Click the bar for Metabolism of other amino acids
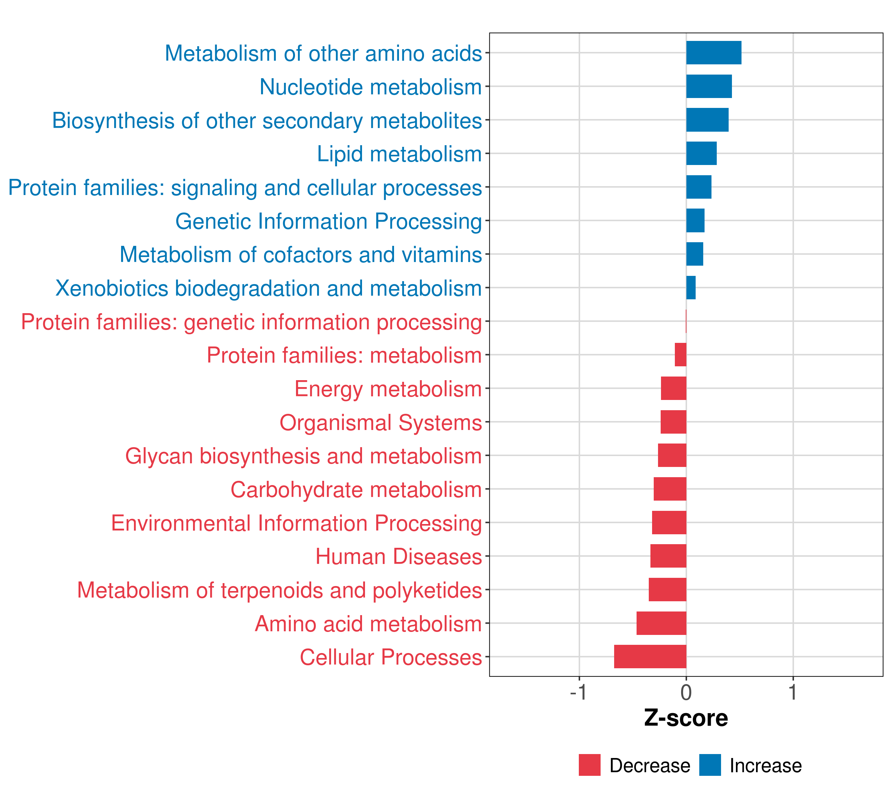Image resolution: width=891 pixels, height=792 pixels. [713, 53]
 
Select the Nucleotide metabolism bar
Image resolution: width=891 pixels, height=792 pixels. [709, 86]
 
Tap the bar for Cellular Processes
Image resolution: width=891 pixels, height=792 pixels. [650, 656]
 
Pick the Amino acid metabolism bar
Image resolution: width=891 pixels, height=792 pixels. [661, 623]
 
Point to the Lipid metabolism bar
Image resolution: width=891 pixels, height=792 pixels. [701, 153]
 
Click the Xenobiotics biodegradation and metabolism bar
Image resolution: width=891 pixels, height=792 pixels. [691, 288]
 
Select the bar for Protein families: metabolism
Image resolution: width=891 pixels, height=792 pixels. [680, 355]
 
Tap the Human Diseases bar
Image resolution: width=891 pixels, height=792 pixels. [668, 556]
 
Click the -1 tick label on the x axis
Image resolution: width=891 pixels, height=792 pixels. [578, 693]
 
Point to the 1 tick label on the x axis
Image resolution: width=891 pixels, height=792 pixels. [793, 693]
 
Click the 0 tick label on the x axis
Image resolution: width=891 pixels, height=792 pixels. [686, 693]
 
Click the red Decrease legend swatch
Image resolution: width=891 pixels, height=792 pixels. [589, 765]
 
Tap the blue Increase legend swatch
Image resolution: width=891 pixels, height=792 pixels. [709, 765]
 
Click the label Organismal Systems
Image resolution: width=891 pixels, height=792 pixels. [380, 423]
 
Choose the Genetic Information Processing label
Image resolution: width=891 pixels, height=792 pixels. [329, 221]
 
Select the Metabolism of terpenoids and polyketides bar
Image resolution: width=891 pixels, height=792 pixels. [667, 589]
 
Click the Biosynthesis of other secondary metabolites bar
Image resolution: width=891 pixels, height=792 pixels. [707, 120]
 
